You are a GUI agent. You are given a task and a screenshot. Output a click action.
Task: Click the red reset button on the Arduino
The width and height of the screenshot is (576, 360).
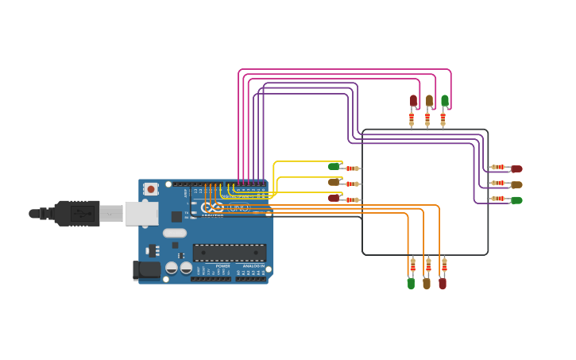(150, 189)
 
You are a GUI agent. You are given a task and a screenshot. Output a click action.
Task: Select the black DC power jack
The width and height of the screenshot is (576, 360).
(147, 270)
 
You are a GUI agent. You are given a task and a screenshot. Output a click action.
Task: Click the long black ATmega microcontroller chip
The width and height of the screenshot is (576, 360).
(229, 253)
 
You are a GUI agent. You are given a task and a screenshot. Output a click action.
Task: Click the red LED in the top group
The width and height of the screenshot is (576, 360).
(413, 101)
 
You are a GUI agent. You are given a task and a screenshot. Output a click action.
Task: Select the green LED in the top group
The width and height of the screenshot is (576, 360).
(445, 101)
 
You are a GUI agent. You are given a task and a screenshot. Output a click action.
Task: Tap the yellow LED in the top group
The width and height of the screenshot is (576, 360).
(429, 101)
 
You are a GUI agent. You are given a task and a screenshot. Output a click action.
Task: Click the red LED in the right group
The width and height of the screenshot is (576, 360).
(516, 168)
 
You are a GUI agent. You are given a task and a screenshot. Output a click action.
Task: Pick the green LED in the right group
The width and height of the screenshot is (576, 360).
(516, 200)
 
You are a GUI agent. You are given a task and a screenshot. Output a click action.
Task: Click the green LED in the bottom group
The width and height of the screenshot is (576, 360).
(411, 283)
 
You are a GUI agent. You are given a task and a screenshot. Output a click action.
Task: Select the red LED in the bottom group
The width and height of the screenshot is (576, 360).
(443, 283)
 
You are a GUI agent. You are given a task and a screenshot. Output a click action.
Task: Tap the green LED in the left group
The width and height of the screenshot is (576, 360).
(334, 166)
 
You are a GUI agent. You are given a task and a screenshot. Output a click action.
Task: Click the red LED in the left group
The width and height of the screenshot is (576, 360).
(334, 198)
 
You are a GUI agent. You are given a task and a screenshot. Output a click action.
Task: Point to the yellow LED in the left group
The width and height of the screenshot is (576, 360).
(334, 182)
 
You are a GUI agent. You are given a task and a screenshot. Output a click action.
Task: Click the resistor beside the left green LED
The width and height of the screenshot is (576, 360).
(352, 168)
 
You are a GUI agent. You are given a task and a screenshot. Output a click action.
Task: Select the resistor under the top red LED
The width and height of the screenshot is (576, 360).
(412, 119)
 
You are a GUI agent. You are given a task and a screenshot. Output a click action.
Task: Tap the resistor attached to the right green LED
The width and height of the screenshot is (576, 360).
(498, 199)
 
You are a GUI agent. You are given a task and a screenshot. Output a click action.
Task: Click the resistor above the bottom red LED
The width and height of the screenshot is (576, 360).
(444, 265)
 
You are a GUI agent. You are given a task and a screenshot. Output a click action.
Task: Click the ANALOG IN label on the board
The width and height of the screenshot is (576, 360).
(252, 266)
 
